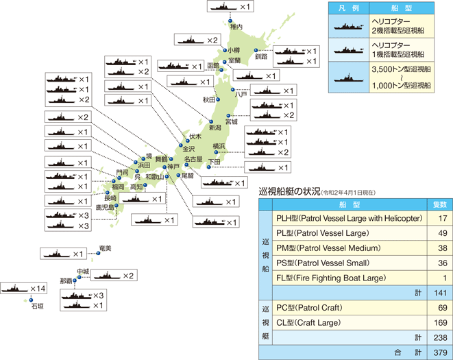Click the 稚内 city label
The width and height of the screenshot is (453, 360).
[x=236, y=27]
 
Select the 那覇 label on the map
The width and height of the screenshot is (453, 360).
[x=66, y=282]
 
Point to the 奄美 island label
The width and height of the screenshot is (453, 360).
[x=104, y=248]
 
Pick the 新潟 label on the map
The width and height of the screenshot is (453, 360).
[x=215, y=127]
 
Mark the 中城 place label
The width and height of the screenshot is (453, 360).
[x=82, y=272]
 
